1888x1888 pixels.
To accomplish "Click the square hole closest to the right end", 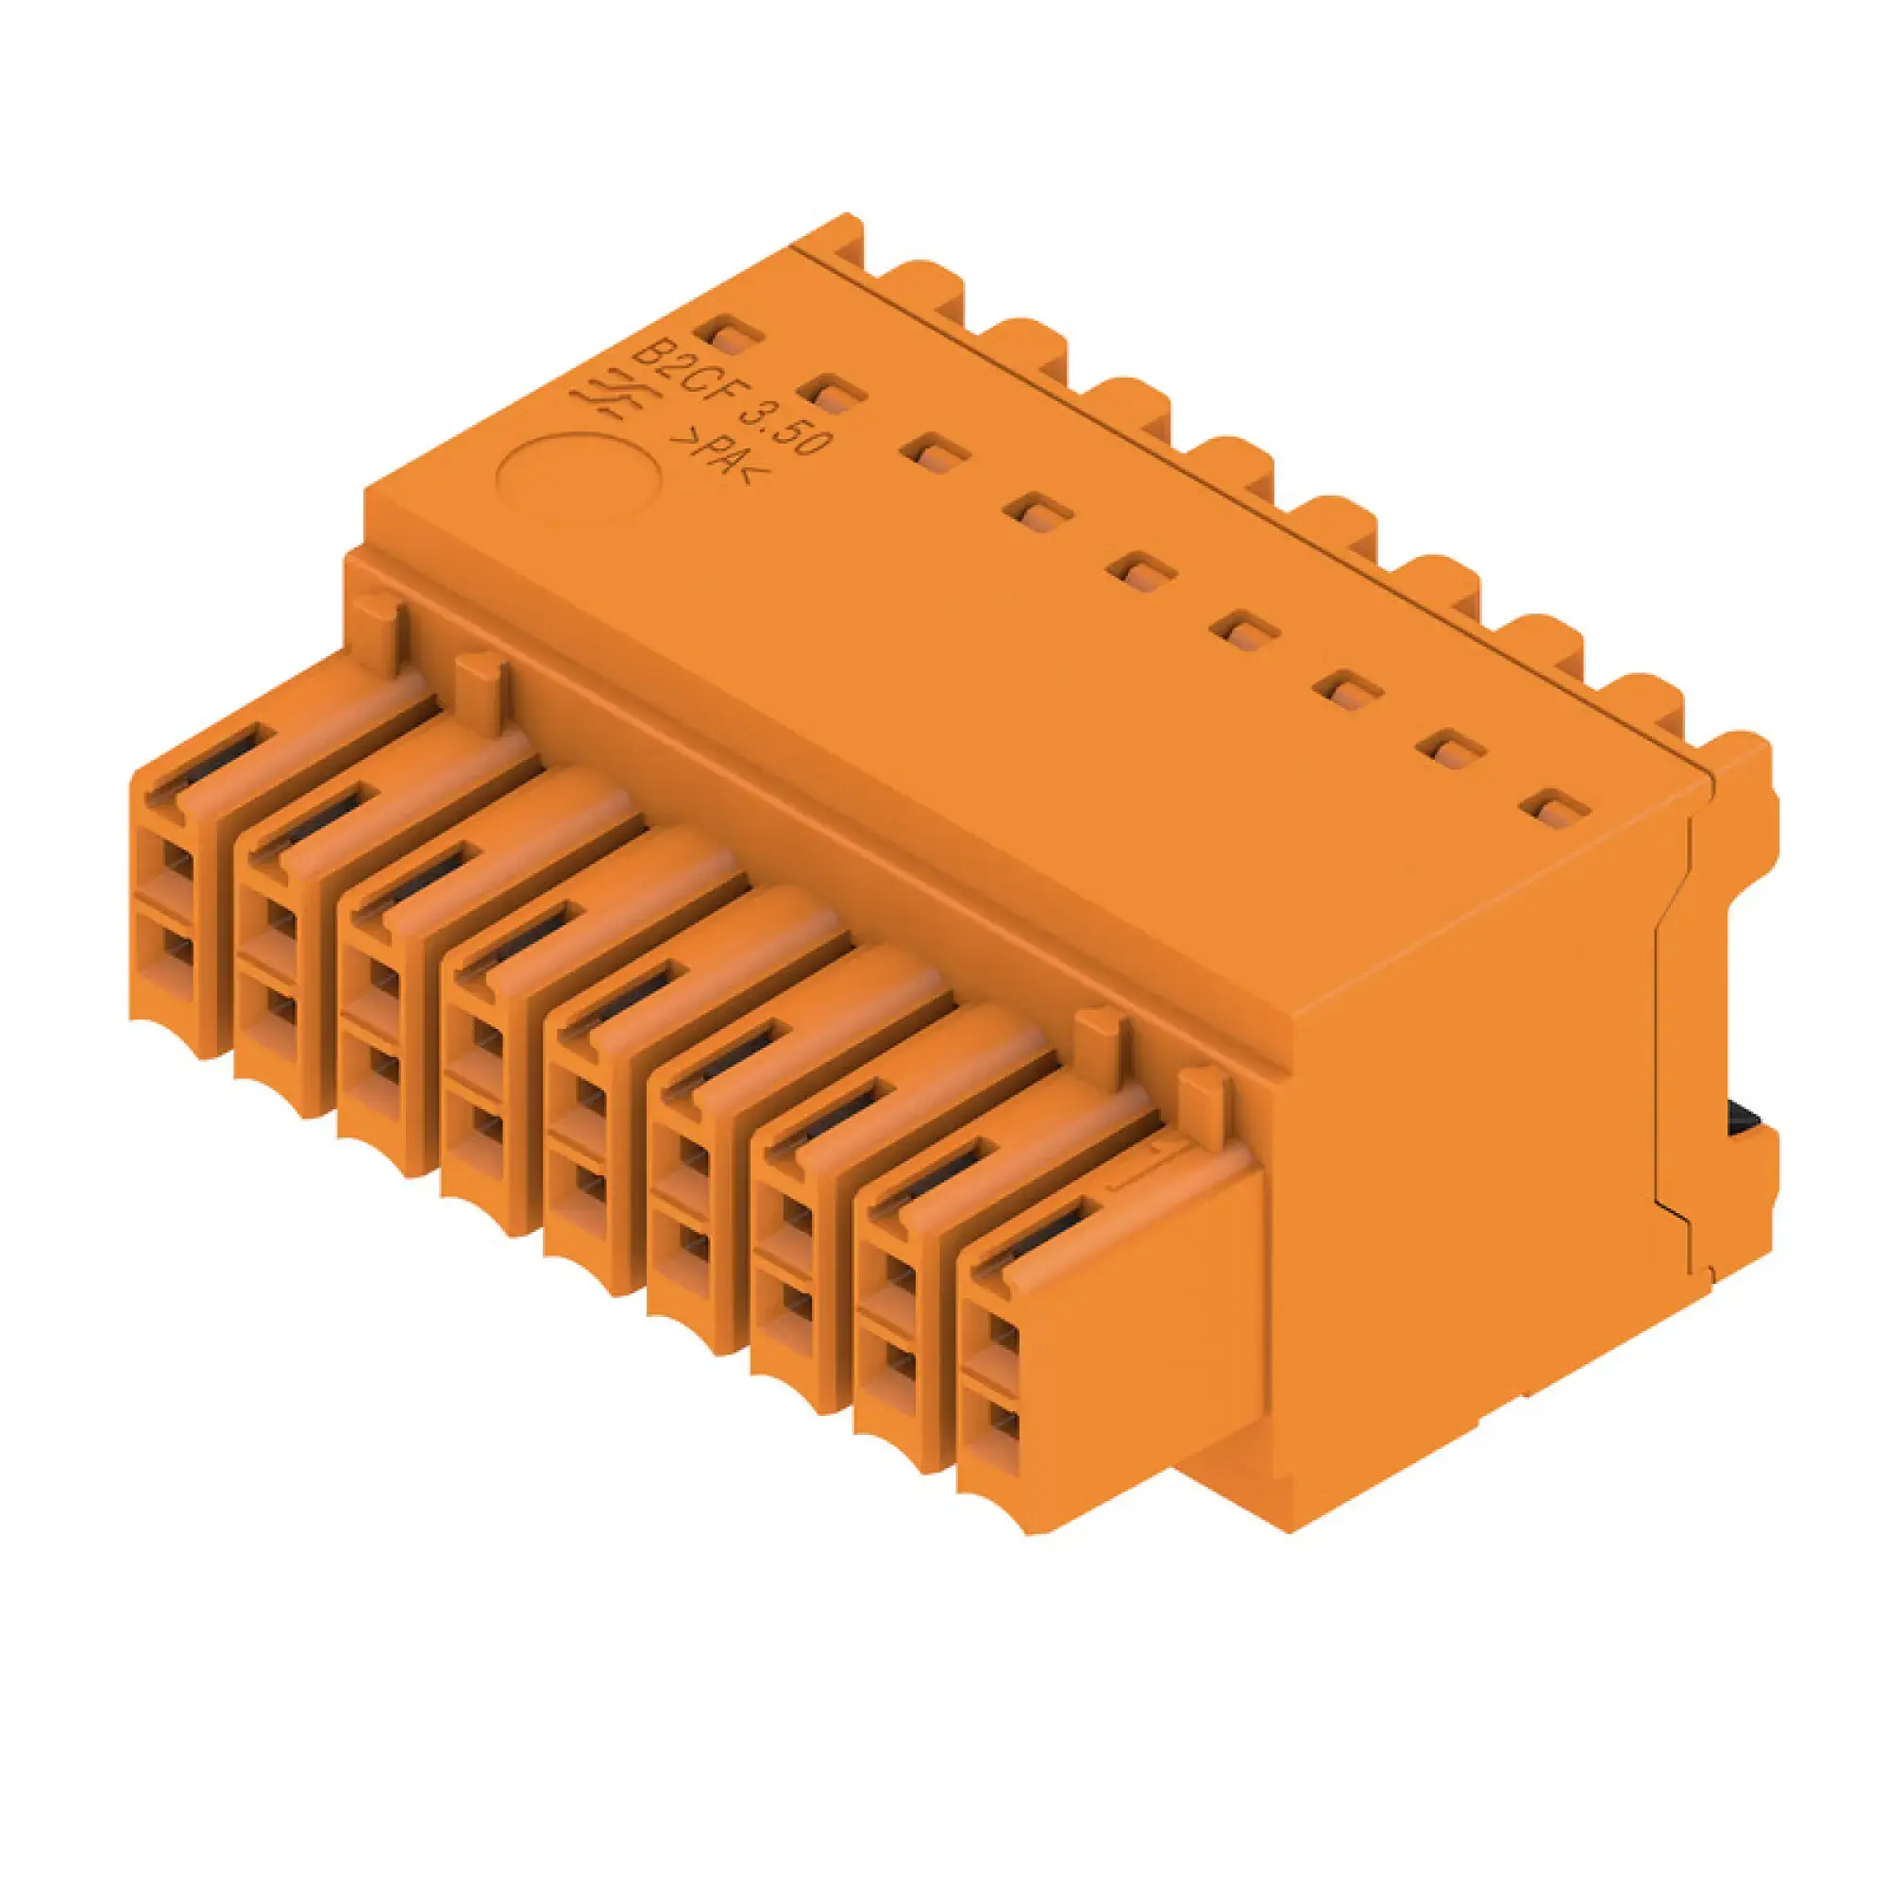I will [x=1559, y=808].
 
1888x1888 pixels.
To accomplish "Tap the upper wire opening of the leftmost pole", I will [x=176, y=861].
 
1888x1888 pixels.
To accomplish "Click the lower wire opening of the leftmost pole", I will [x=176, y=948].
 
